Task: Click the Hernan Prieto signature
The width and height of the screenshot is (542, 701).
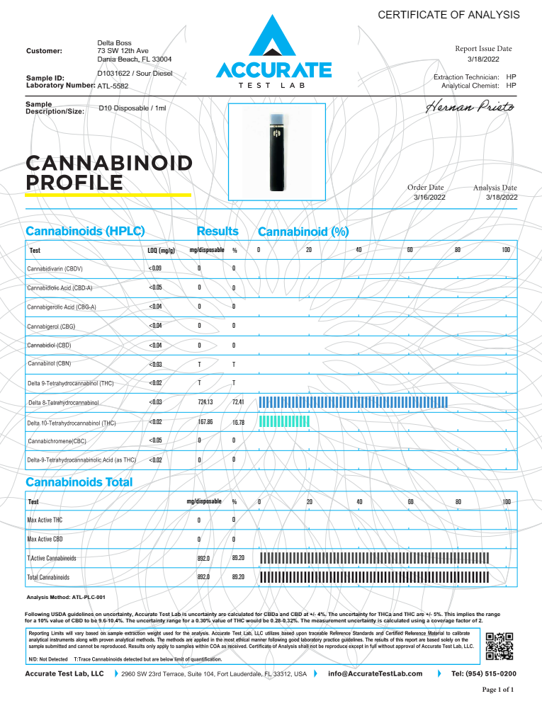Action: [471, 108]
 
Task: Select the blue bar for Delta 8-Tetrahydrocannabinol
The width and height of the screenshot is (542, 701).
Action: [354, 402]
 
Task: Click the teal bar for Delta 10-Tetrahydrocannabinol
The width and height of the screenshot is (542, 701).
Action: [285, 422]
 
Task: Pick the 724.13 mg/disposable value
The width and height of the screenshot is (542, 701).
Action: [205, 402]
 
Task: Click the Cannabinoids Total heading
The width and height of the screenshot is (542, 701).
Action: [79, 482]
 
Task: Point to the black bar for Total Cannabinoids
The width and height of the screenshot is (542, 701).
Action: [375, 577]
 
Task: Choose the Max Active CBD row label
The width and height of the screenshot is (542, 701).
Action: [45, 540]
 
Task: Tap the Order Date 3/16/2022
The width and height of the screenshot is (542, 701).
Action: [429, 198]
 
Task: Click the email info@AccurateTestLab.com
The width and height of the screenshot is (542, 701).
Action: [376, 673]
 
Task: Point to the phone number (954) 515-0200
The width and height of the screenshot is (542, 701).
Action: [483, 673]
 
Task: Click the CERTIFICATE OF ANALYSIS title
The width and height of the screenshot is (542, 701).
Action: [448, 15]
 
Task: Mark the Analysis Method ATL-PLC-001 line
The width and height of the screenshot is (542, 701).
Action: [65, 597]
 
